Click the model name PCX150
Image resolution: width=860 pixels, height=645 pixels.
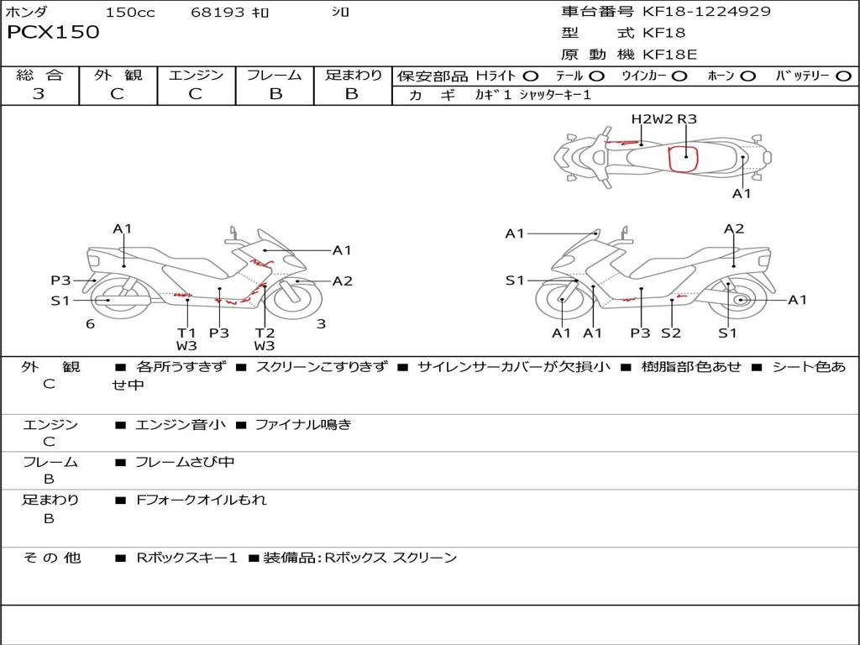pos(53,33)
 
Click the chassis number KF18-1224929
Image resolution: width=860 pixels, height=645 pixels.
pos(706,12)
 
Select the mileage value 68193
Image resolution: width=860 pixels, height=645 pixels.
pos(218,13)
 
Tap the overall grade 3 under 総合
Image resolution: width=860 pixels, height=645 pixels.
pos(39,94)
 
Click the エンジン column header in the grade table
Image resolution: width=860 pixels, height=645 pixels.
pos(196,75)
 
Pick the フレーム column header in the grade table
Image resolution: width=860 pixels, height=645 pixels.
pos(275,75)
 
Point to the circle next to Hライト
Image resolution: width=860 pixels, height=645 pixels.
pos(531,76)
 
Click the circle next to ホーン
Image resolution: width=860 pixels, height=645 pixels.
pos(748,76)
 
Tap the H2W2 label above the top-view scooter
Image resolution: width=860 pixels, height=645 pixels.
pos(653,119)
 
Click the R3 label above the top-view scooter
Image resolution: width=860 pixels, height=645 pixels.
pos(687,119)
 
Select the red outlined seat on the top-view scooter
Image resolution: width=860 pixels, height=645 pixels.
pos(684,157)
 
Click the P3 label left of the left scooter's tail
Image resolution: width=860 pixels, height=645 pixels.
pos(60,281)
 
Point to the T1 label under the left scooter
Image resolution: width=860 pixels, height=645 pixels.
pos(186,333)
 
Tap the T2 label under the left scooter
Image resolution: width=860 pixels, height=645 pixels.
pos(265,333)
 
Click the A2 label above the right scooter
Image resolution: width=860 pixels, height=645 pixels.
pos(734,228)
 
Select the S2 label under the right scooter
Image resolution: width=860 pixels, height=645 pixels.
pos(670,333)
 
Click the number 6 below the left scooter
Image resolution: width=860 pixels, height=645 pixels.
pos(90,324)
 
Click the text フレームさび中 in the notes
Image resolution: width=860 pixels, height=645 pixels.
pos(185,462)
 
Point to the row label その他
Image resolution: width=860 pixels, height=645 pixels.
pos(51,558)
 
